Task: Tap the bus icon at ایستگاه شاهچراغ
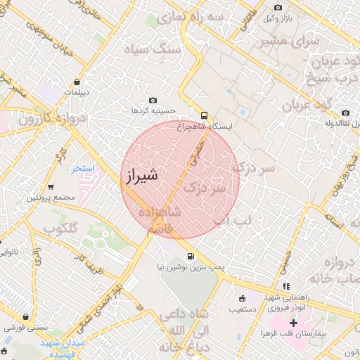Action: tap(204, 114)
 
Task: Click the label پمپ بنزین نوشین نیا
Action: tap(198, 268)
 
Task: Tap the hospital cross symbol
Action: tap(294, 323)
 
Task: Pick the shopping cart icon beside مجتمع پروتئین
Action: tap(51, 187)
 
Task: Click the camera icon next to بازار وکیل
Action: tap(278, 8)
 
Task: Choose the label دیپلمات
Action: tap(76, 92)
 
